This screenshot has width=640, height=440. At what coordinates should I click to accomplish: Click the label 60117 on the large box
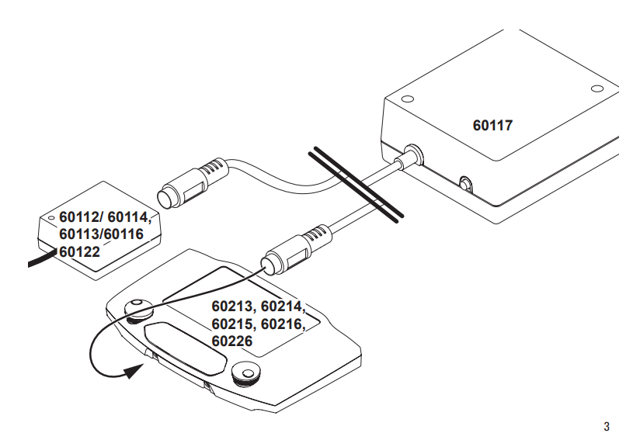pyautogui.click(x=492, y=125)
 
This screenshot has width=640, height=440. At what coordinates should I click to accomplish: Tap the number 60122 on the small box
pyautogui.click(x=79, y=251)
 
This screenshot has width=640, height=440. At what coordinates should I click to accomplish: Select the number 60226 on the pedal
pyautogui.click(x=231, y=341)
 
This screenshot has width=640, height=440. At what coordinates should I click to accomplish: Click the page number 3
pyautogui.click(x=607, y=427)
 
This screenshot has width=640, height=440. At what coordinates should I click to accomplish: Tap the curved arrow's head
pyautogui.click(x=134, y=371)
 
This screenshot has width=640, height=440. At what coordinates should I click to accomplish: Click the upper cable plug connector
pyautogui.click(x=192, y=183)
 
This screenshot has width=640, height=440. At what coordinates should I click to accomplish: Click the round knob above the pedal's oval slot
pyautogui.click(x=137, y=310)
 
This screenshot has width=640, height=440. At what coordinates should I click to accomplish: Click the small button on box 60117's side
pyautogui.click(x=465, y=184)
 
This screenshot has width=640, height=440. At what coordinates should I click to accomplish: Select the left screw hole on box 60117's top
pyautogui.click(x=407, y=99)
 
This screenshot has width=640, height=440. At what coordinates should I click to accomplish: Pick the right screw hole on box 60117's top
pyautogui.click(x=597, y=88)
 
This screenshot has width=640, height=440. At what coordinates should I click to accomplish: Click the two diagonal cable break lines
pyautogui.click(x=356, y=185)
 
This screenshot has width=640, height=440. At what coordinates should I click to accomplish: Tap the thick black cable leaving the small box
pyautogui.click(x=42, y=258)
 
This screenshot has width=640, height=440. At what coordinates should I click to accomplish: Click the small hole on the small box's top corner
pyautogui.click(x=51, y=218)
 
